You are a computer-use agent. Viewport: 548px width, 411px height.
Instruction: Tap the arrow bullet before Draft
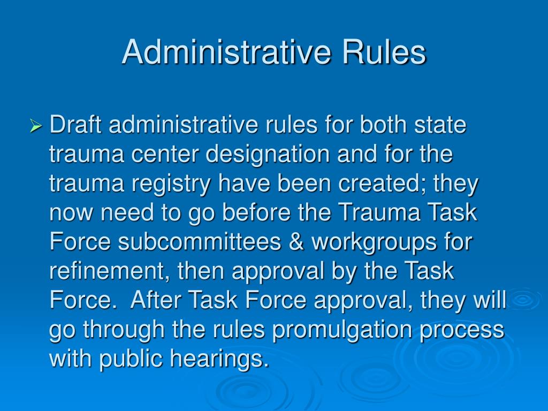[36, 127]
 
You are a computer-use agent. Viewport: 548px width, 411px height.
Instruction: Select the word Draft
[77, 126]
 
